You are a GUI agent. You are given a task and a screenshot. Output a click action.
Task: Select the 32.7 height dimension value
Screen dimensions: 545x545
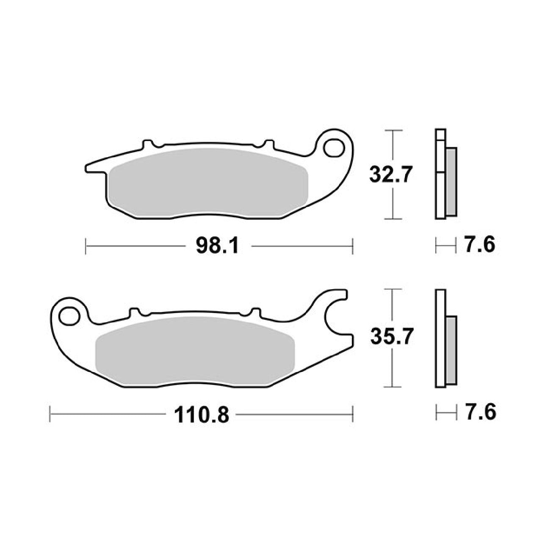coord(390,174)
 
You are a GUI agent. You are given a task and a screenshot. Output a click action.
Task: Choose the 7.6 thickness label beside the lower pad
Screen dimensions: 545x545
coord(480,412)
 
